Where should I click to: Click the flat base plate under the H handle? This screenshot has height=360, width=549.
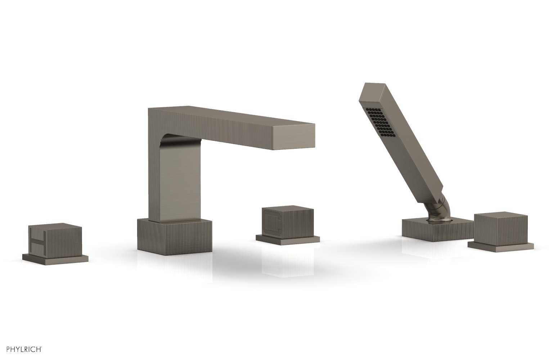click(55, 258)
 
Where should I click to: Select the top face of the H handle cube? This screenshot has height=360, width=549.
click(55, 226)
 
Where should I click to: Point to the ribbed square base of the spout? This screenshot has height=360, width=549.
click(175, 235)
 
